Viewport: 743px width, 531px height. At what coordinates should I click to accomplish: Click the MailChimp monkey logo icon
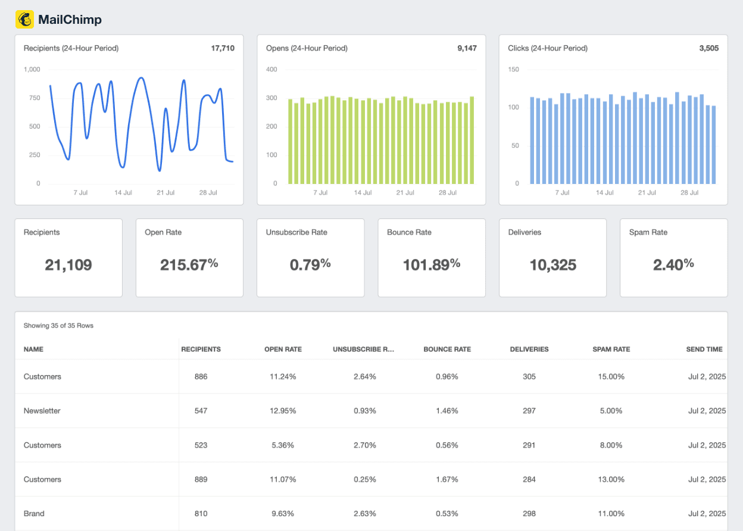pyautogui.click(x=25, y=20)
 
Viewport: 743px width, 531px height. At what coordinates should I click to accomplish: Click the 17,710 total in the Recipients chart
pyautogui.click(x=223, y=48)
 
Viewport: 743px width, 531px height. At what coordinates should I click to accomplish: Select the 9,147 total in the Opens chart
pyautogui.click(x=467, y=48)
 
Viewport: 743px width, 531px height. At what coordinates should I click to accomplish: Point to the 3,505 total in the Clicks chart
pyautogui.click(x=708, y=48)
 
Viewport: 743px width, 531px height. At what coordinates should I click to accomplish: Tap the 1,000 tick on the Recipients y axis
pyautogui.click(x=32, y=70)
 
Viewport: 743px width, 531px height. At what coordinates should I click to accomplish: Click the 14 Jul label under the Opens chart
pyautogui.click(x=363, y=193)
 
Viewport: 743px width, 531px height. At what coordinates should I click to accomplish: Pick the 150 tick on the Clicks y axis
pyautogui.click(x=513, y=70)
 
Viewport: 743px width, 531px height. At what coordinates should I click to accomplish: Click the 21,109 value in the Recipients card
pyautogui.click(x=68, y=265)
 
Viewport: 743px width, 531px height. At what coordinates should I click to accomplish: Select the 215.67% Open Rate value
pyautogui.click(x=189, y=265)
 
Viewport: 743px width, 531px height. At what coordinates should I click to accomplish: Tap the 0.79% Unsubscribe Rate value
pyautogui.click(x=310, y=265)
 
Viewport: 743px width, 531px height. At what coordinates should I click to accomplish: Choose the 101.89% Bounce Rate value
pyautogui.click(x=431, y=265)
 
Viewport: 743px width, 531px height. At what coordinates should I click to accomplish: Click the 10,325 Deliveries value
pyautogui.click(x=552, y=265)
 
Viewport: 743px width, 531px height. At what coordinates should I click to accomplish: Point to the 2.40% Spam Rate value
pyautogui.click(x=673, y=265)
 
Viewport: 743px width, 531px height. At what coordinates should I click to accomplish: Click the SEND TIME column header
pyautogui.click(x=704, y=349)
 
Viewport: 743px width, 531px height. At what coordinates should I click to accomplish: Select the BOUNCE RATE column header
pyautogui.click(x=447, y=349)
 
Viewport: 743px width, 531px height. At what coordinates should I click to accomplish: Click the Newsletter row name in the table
pyautogui.click(x=42, y=411)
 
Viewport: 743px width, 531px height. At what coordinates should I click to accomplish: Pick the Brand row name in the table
pyautogui.click(x=34, y=514)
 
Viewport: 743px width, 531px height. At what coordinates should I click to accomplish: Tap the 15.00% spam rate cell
pyautogui.click(x=611, y=377)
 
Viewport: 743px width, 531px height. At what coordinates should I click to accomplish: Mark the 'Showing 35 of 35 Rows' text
pyautogui.click(x=58, y=326)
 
